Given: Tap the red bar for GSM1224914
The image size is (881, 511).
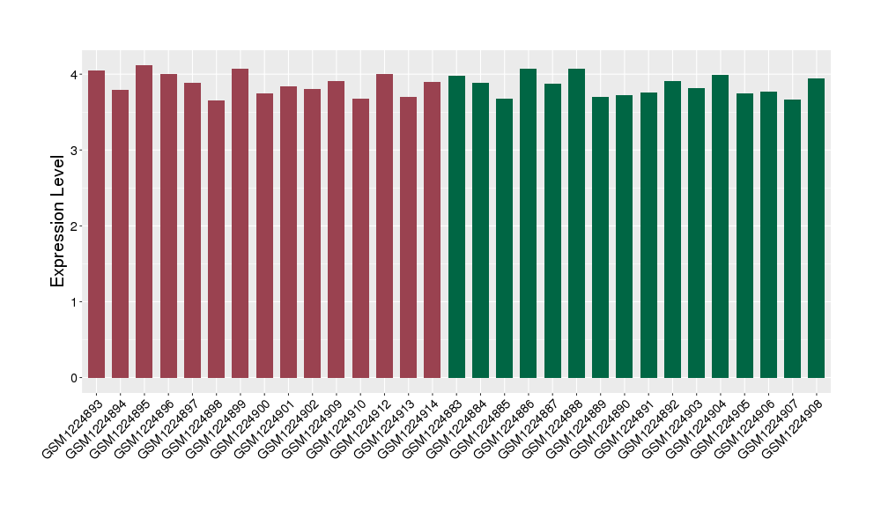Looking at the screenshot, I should point(433,230).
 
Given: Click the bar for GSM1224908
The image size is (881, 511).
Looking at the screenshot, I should point(817,228).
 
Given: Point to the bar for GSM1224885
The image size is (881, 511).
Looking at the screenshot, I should point(505,239).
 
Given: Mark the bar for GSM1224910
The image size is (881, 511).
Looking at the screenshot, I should point(360,239).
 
